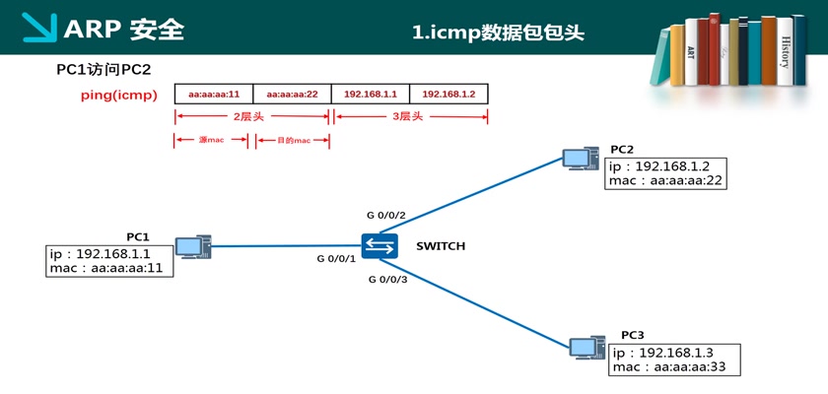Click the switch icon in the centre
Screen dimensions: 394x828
pos(379,246)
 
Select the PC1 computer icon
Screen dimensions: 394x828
pos(192,246)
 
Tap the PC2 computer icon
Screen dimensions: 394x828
pos(580,158)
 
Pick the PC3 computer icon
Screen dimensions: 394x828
pos(587,346)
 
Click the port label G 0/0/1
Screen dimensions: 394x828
pos(335,259)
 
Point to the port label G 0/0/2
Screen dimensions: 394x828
pos(385,214)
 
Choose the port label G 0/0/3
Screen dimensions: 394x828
pos(387,280)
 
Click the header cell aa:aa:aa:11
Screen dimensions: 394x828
pos(214,94)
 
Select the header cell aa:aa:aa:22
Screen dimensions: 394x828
pos(293,94)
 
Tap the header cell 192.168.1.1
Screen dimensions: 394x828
pos(371,94)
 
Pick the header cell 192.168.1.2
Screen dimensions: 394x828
pos(448,94)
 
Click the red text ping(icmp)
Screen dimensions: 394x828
pos(118,95)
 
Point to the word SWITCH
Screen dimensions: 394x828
pos(440,246)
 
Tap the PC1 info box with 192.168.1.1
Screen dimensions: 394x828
pos(109,261)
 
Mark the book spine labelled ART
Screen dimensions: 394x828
pos(692,54)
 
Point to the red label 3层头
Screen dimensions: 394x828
pos(407,116)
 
